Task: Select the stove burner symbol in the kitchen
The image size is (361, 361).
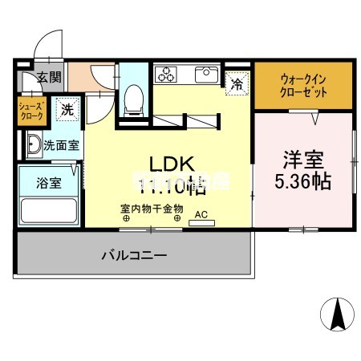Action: click(168, 75)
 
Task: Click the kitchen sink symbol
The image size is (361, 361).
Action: click(205, 75)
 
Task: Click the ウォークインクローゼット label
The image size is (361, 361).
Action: click(303, 85)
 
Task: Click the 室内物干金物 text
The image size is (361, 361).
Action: click(152, 209)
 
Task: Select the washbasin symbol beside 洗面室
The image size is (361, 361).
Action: click(32, 146)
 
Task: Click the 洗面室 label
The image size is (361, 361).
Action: click(61, 147)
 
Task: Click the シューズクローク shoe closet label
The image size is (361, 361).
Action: click(33, 109)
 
